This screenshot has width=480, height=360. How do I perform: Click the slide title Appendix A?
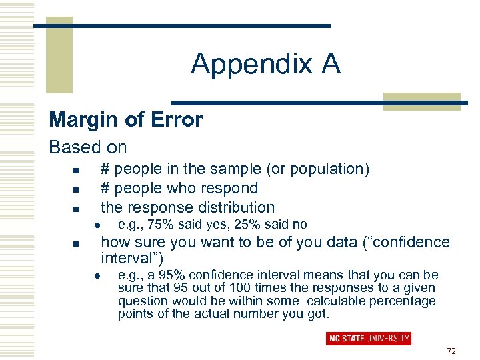tap(265, 64)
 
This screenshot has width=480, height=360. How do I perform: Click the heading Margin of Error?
tap(126, 120)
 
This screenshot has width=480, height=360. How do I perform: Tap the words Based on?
tap(88, 147)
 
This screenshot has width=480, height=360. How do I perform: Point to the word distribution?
tap(228, 207)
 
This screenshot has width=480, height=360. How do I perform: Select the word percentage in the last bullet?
tap(406, 301)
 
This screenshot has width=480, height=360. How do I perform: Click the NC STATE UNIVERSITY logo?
tap(368, 339)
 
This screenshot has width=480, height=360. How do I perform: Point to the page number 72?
tap(451, 351)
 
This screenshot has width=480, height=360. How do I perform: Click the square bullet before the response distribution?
tap(76, 208)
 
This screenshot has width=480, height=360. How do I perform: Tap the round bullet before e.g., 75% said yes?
tap(97, 225)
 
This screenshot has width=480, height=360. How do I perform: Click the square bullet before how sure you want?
tap(76, 243)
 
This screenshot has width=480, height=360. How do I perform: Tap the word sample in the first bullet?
tap(253, 169)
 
